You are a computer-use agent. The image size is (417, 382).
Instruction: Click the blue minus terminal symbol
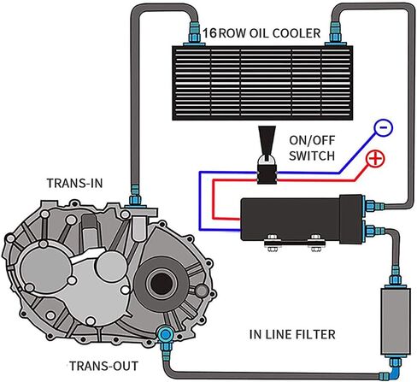point(384,128)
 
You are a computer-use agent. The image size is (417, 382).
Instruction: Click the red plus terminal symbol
point(374,160)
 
